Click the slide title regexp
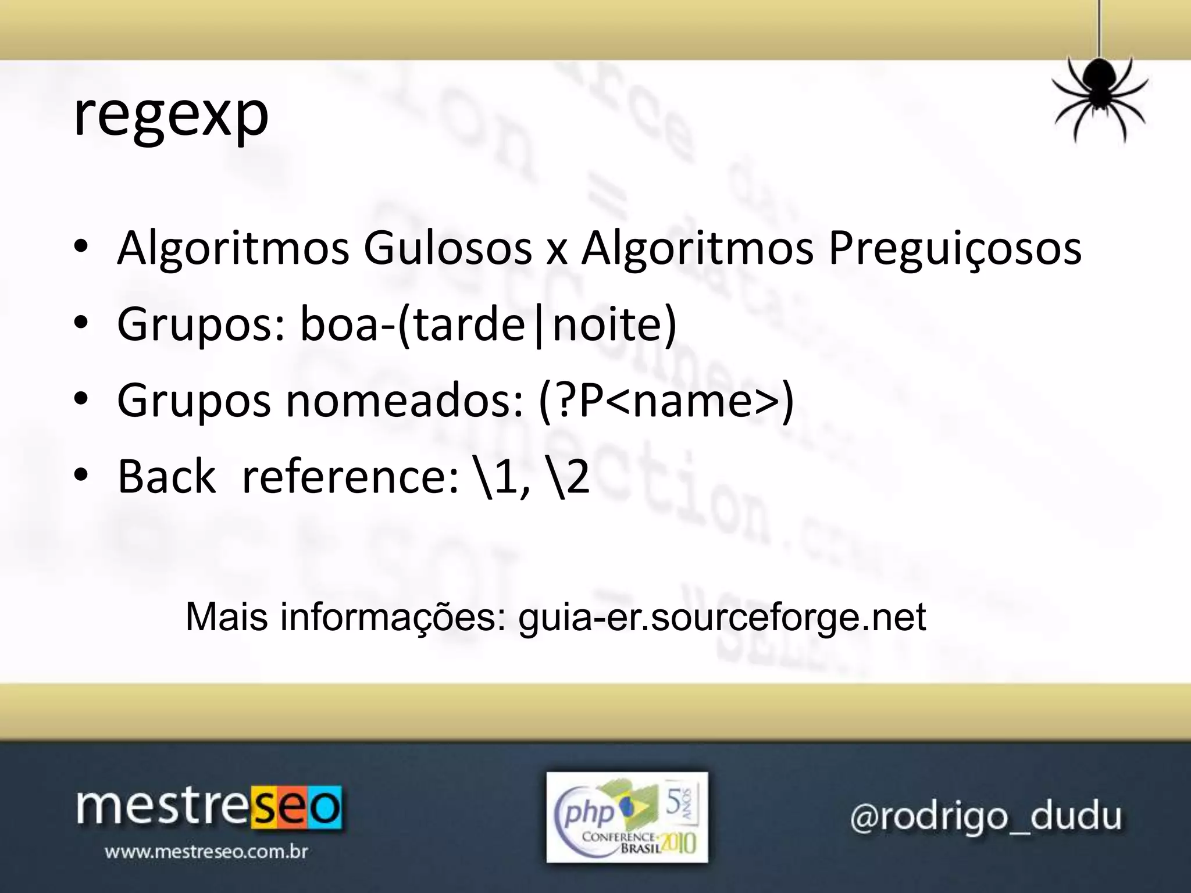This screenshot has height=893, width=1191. [171, 116]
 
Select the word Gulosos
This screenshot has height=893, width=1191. [447, 249]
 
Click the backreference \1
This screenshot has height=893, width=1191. [495, 477]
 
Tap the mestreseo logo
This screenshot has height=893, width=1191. [209, 808]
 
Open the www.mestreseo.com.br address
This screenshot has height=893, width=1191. [206, 852]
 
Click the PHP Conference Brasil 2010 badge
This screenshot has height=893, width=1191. [627, 817]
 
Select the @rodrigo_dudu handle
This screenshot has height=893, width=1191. [986, 816]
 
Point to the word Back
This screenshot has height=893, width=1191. [166, 477]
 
